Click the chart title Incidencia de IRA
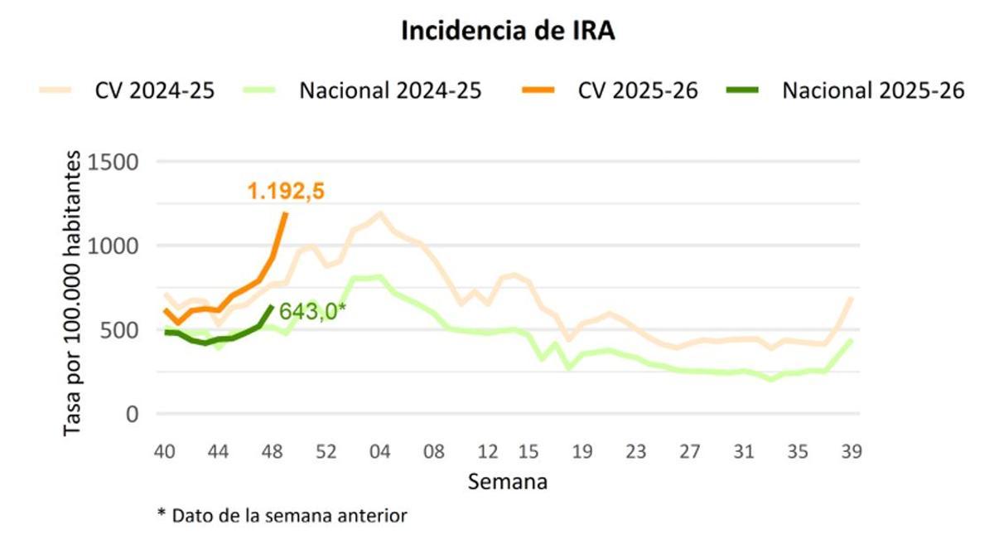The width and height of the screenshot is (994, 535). [x=508, y=32]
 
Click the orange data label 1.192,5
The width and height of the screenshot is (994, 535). [x=286, y=192]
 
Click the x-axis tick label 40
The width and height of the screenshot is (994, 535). [x=166, y=452]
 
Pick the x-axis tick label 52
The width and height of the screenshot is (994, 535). [x=326, y=452]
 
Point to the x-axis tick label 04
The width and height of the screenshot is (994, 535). [x=380, y=452]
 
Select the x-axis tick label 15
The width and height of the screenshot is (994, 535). [x=528, y=452]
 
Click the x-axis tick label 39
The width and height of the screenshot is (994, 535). [x=851, y=452]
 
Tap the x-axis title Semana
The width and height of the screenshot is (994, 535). [x=507, y=481]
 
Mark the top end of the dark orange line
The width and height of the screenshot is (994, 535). [x=286, y=213]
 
